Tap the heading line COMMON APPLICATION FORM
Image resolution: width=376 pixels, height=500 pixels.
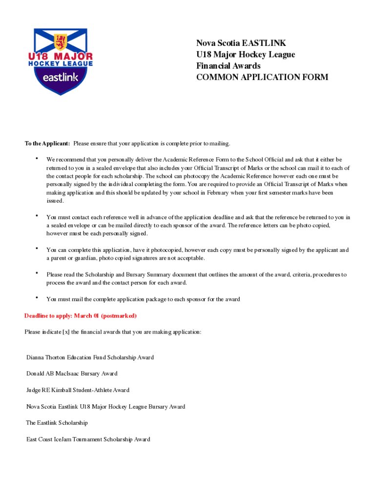(262, 77)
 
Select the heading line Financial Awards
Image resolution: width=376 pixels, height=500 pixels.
(228, 66)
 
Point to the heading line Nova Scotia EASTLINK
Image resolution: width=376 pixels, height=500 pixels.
(241, 43)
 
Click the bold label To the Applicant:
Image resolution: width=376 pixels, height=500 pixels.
(47, 144)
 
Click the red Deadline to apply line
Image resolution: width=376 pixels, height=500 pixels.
(81, 316)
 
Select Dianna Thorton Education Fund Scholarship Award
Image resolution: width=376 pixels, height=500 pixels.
(90, 357)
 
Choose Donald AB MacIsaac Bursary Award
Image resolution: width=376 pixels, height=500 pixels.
(72, 374)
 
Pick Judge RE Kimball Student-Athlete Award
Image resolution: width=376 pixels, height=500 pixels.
(78, 390)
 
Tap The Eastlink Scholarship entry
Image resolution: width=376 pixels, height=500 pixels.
(57, 423)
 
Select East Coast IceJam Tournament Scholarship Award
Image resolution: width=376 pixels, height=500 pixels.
(88, 439)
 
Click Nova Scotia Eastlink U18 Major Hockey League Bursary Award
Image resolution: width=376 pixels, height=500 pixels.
(105, 407)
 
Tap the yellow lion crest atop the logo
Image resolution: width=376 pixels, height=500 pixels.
(61, 41)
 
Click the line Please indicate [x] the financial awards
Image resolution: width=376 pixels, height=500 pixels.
(113, 332)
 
